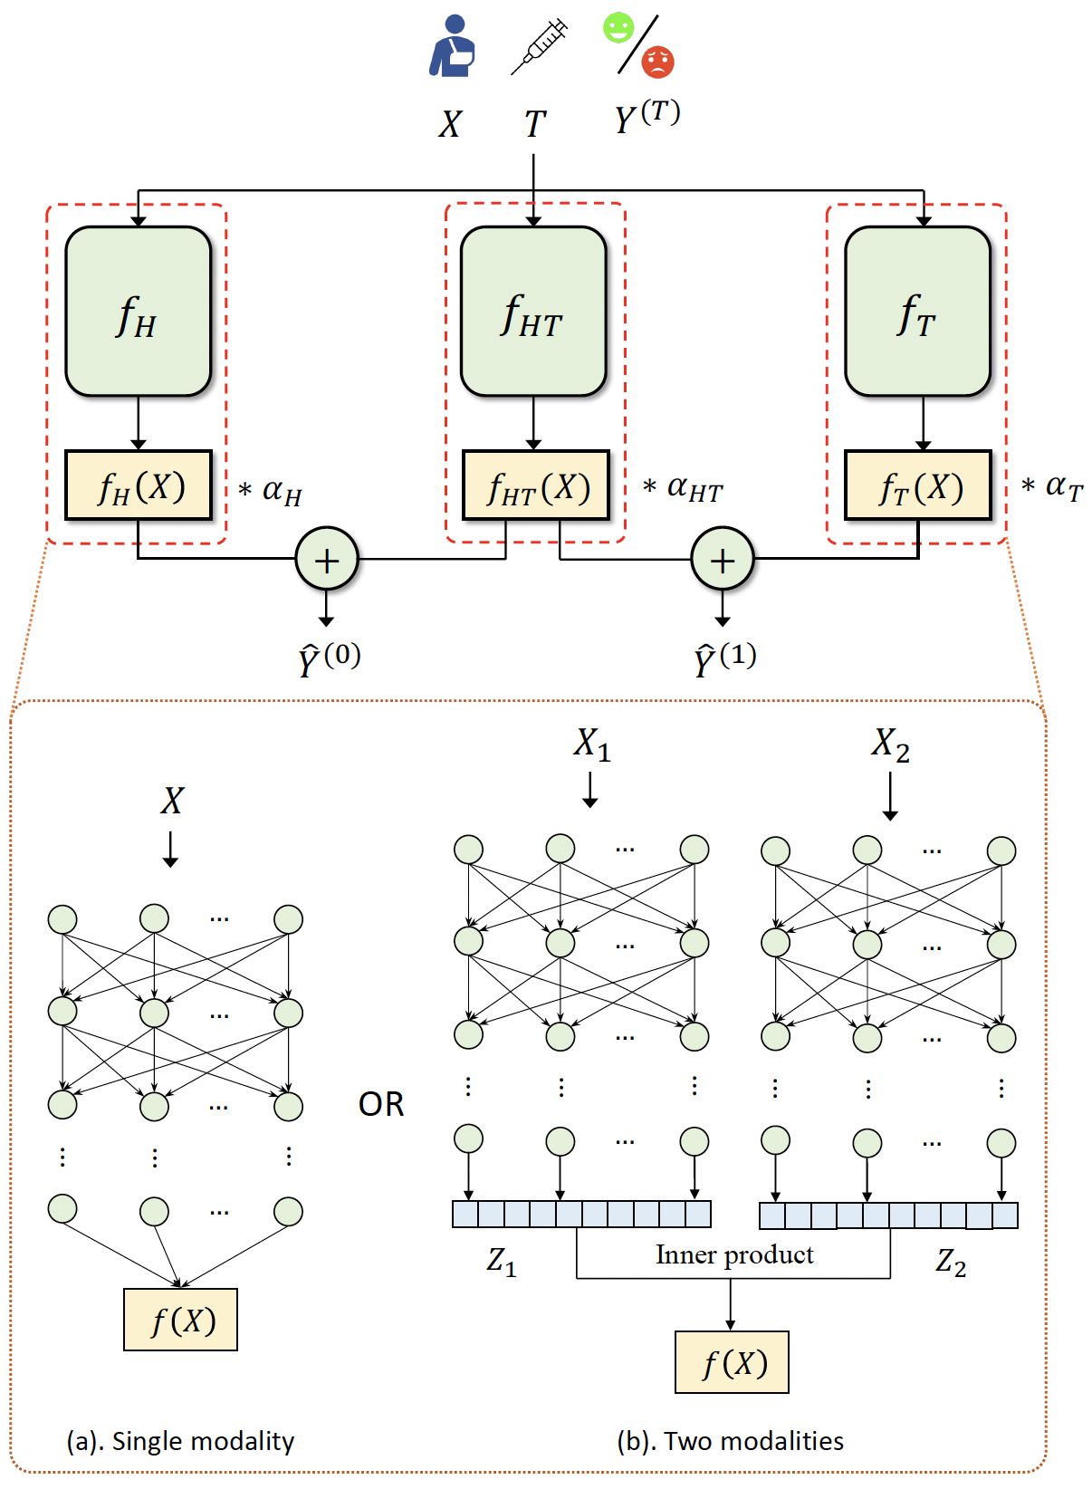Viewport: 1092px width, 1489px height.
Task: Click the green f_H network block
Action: click(x=138, y=311)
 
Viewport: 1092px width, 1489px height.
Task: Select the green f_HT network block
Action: click(x=533, y=311)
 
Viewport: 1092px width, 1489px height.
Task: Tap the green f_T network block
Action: click(x=917, y=311)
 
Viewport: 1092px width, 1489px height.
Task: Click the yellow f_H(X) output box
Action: click(x=139, y=485)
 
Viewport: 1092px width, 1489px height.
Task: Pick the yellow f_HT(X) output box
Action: click(x=536, y=485)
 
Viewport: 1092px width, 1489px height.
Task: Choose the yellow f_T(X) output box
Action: click(x=918, y=485)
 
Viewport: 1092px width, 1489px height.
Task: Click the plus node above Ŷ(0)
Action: click(x=327, y=559)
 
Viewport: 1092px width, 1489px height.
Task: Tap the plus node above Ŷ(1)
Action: click(x=723, y=559)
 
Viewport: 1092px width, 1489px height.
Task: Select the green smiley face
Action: click(x=618, y=27)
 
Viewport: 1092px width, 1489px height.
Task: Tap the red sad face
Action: click(x=658, y=62)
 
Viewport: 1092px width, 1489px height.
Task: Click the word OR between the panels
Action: click(x=381, y=1104)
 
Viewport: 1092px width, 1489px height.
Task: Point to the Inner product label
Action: click(x=734, y=1254)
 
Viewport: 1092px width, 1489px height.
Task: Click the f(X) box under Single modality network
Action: click(x=181, y=1320)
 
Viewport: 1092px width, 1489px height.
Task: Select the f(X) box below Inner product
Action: click(x=732, y=1362)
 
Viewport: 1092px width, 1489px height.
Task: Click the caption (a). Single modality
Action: click(x=180, y=1440)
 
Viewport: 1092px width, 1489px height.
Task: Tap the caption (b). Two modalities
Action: click(x=730, y=1440)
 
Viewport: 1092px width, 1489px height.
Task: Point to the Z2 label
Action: click(x=951, y=1261)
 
